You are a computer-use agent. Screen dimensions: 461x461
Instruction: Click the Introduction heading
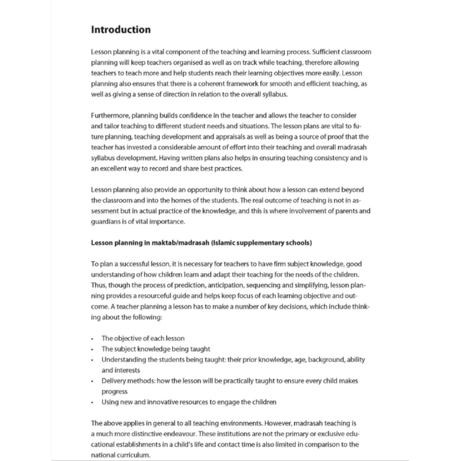pyautogui.click(x=121, y=30)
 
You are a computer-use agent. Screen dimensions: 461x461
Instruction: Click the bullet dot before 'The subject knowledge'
pyautogui.click(x=92, y=349)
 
